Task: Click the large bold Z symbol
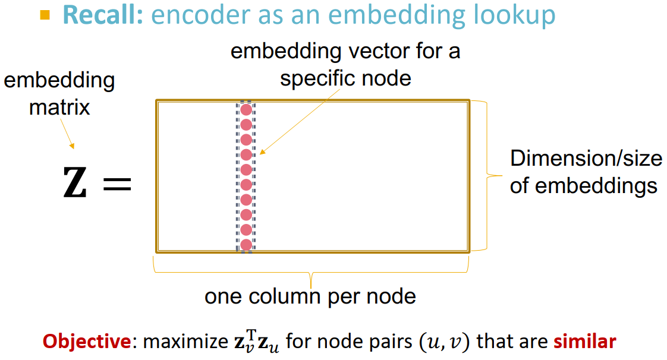pos(75,182)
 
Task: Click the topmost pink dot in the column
pos(246,110)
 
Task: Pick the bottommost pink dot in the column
pos(246,244)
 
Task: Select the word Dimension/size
pos(586,159)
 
